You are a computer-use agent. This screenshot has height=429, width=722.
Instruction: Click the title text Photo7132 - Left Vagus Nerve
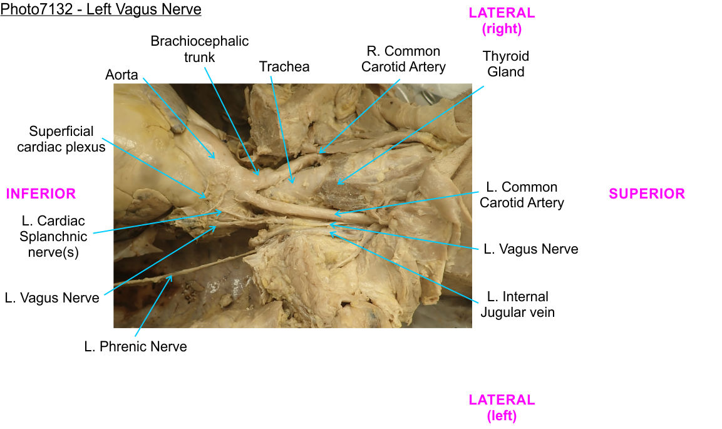tap(101, 9)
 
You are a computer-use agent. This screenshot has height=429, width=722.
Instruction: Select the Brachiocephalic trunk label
tap(199, 49)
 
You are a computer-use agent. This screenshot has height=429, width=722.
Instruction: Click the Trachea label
tap(284, 66)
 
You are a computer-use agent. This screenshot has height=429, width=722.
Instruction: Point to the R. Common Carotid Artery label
tap(403, 59)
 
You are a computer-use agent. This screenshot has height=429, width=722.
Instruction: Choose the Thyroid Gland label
tap(505, 64)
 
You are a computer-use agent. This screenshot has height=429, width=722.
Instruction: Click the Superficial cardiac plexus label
tap(61, 139)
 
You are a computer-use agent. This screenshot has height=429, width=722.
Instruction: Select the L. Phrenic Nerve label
tap(135, 346)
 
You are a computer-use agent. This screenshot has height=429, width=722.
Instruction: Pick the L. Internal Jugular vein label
tap(517, 304)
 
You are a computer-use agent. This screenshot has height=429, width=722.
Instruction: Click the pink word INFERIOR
tap(41, 194)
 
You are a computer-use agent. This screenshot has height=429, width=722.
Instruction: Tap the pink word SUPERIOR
tap(647, 194)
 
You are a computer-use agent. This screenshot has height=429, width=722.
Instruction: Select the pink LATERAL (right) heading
tap(502, 21)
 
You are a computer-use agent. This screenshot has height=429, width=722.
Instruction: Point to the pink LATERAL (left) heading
tap(502, 407)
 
